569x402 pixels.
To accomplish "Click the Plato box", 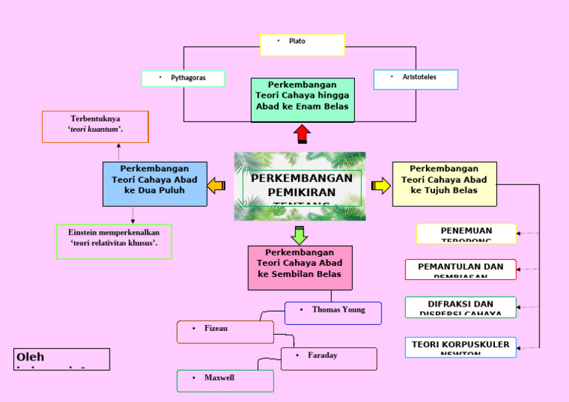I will point(302,44).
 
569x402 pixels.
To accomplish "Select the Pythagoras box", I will point(183,78).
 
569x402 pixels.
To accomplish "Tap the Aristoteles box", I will point(416,79).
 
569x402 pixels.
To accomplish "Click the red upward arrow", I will point(302,134).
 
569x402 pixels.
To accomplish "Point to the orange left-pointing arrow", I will point(216,185).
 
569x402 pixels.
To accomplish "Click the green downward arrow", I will point(299,235).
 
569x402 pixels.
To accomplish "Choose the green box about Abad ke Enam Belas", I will point(302,100).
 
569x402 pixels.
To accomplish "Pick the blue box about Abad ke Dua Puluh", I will point(154,184).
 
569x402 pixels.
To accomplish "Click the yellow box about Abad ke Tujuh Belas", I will point(444,184).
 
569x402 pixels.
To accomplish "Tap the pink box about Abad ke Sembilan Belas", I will point(299,267).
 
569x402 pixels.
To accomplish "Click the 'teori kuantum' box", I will point(96,127).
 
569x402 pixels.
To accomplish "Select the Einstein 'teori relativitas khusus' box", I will point(114,241).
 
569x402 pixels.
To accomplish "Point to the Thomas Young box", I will point(333,312).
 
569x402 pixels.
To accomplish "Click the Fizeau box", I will point(225,332).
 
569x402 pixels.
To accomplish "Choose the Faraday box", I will point(328,358).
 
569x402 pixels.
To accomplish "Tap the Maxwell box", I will point(225,381).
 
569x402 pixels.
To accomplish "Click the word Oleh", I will point(30,358).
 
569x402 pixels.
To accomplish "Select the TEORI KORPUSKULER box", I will point(460,346).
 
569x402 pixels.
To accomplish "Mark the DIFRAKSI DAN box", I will point(460,307).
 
